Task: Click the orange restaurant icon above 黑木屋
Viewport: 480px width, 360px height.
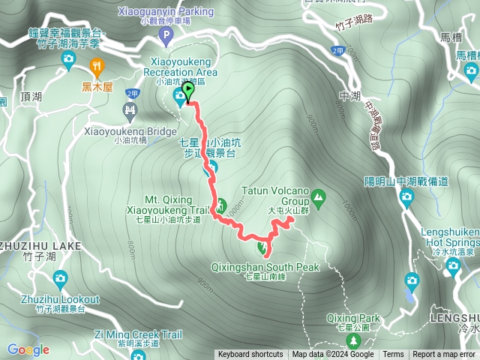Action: coord(96,66)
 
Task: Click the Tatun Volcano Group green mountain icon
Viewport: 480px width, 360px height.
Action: coord(319,197)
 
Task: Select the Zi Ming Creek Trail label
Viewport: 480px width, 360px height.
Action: coord(138,334)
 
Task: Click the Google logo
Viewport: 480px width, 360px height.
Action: coord(28,349)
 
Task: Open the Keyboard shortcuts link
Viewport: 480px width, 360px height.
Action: coord(250,355)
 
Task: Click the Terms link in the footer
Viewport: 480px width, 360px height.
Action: coord(393,355)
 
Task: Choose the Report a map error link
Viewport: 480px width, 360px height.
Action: coord(445,355)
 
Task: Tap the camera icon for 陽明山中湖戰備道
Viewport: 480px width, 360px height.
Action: coord(406,198)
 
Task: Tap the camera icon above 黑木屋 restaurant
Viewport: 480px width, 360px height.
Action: coord(69,58)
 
